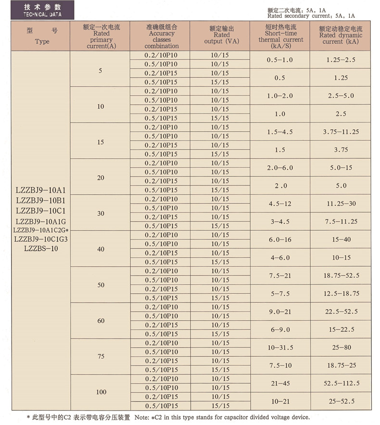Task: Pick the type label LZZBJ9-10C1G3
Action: (41, 239)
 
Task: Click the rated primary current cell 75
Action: (101, 356)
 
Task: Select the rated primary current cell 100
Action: (101, 392)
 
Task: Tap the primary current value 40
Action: (101, 249)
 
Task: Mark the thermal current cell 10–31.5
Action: (280, 347)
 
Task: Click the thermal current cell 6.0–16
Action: (280, 239)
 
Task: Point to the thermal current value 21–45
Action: (280, 383)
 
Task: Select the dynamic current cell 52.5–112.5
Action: (341, 383)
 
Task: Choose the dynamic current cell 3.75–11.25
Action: (341, 132)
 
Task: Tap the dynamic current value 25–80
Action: (341, 347)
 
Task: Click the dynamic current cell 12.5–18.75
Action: (341, 293)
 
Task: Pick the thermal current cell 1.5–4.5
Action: (280, 132)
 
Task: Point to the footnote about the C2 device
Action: (168, 417)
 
